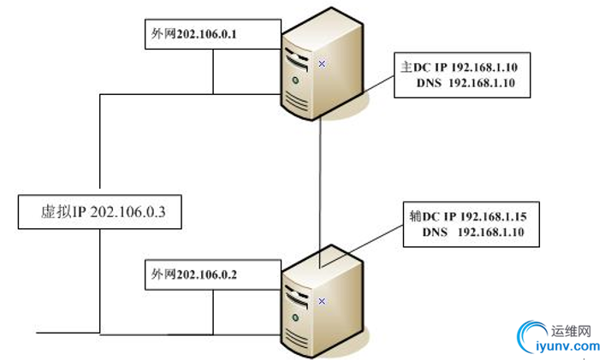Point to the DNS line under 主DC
465,83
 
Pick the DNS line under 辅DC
472,232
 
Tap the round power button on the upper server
295,81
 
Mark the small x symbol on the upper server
322,63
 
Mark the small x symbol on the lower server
322,300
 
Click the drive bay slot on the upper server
296,62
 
